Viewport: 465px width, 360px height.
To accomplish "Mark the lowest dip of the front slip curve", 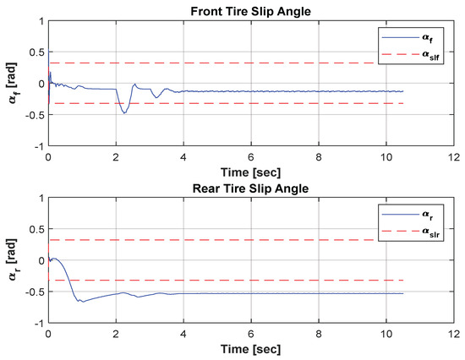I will click(x=125, y=112).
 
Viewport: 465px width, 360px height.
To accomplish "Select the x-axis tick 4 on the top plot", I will click(x=183, y=157).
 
